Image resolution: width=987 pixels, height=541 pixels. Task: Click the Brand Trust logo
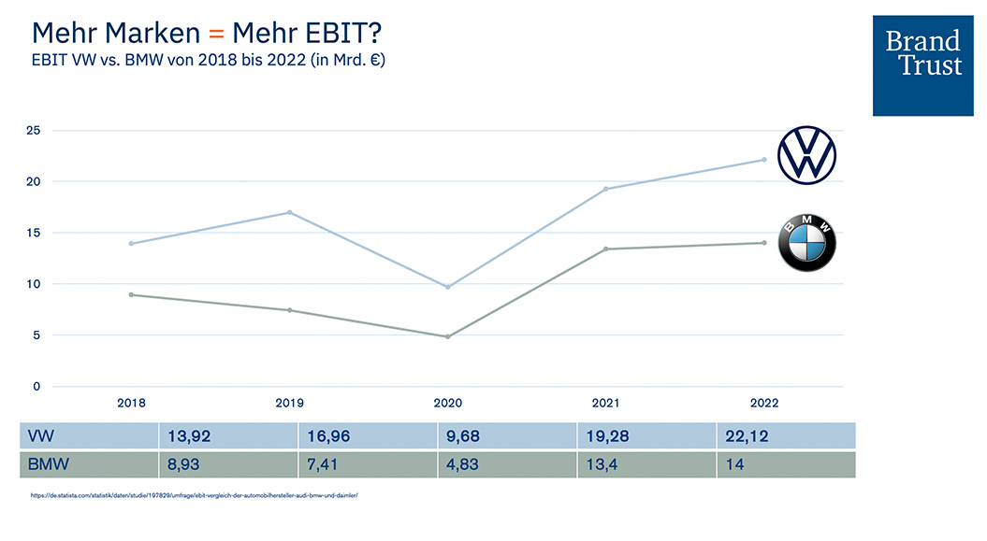(922, 64)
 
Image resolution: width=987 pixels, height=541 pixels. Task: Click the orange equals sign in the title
(216, 34)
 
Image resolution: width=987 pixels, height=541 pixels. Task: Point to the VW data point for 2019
(289, 212)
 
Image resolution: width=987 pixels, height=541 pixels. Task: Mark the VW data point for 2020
(447, 287)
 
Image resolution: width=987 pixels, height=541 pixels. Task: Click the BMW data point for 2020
(447, 336)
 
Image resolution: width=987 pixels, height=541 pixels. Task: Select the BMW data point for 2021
(605, 249)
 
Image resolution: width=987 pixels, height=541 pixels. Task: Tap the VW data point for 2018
(131, 244)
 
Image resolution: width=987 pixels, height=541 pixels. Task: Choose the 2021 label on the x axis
(605, 404)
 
